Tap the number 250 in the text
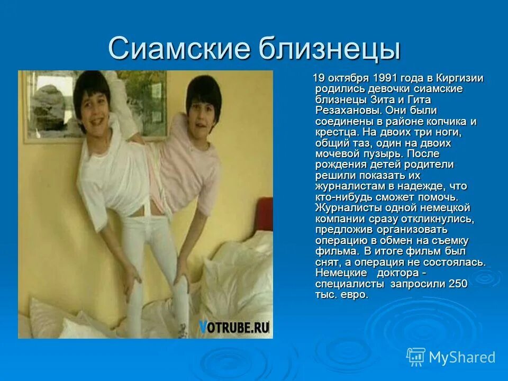458,284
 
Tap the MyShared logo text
462,357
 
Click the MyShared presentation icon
416,357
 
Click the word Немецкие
341,273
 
